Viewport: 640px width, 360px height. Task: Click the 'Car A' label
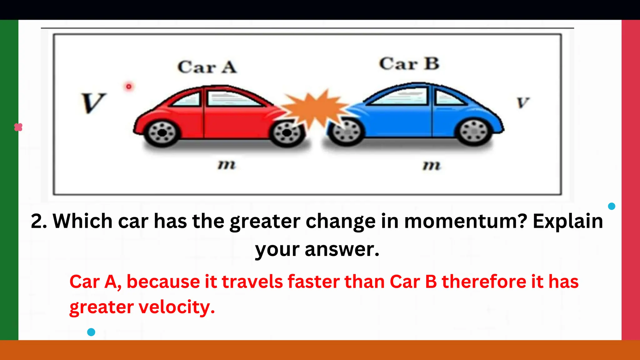[x=207, y=67]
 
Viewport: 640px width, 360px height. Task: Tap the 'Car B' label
[x=409, y=64]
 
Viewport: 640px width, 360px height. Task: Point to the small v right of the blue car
[x=523, y=102]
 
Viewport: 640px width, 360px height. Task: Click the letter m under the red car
[x=227, y=164]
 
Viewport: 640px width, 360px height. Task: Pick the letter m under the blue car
[x=432, y=165]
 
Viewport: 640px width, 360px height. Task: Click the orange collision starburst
[x=316, y=108]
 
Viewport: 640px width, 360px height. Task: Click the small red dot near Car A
[x=129, y=87]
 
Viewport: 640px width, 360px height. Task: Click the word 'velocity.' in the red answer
[x=177, y=307]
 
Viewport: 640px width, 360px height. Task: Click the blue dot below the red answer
[x=91, y=332]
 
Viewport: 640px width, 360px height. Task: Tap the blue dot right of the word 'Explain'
[x=612, y=206]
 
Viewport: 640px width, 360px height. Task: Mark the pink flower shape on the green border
[x=18, y=127]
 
